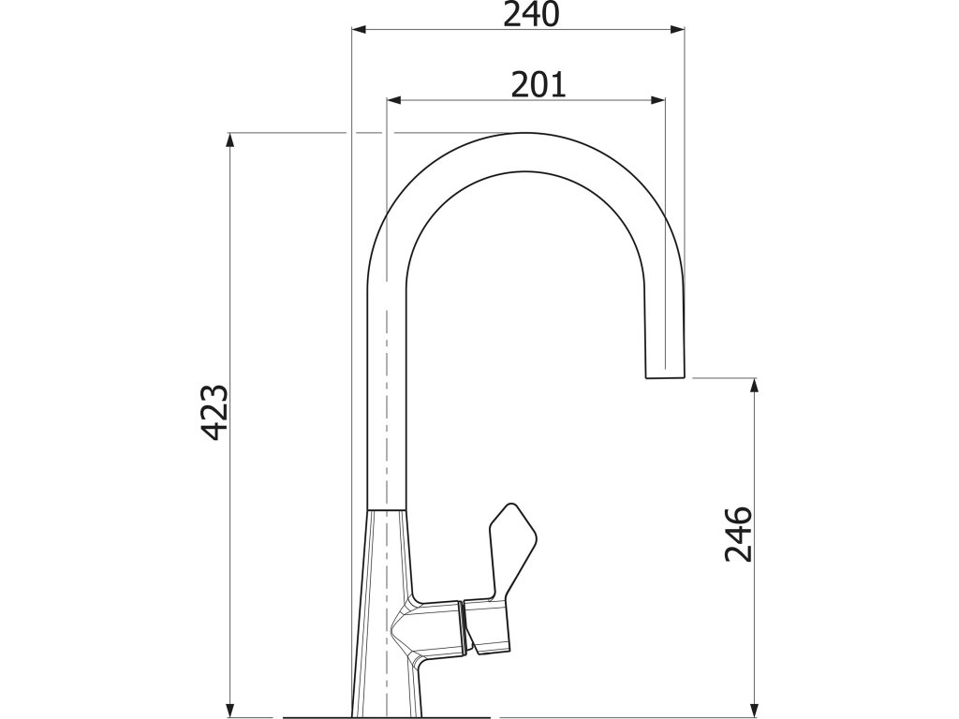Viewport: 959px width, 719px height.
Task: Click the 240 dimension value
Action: tap(532, 15)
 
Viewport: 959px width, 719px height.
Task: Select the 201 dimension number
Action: tap(539, 85)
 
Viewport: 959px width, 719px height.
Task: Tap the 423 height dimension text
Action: tap(215, 413)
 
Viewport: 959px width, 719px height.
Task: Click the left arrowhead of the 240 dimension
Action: tap(359, 29)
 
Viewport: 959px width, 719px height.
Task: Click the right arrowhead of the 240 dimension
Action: tap(677, 29)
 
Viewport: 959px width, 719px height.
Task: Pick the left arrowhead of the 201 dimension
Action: tap(394, 100)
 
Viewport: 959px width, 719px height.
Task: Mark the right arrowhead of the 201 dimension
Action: tap(658, 100)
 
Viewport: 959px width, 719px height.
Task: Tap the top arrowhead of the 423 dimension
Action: tap(230, 139)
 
